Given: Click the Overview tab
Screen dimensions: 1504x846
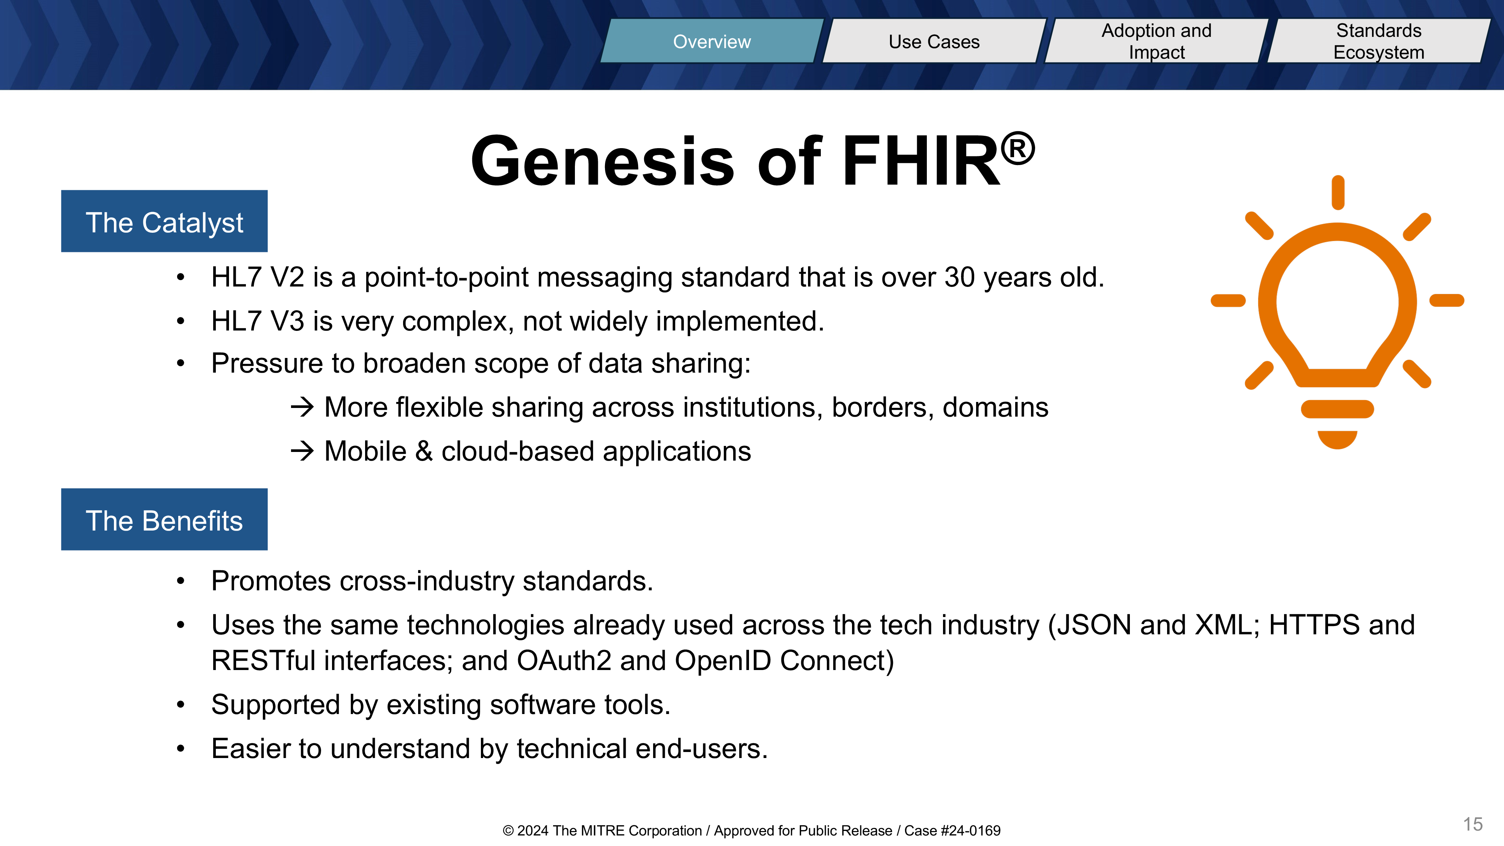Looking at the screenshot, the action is (x=712, y=41).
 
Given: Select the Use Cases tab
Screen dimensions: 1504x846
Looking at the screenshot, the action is (x=934, y=41).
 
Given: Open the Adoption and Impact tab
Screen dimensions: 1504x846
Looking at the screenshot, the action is (x=1157, y=41).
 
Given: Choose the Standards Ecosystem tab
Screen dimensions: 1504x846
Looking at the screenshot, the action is (x=1379, y=41).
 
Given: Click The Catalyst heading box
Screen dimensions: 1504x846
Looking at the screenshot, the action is (x=164, y=221).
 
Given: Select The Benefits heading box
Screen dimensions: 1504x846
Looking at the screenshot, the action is (x=164, y=520).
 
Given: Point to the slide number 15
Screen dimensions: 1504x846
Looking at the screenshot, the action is (x=1472, y=825).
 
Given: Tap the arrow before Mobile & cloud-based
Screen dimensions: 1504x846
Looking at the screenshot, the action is (x=302, y=451).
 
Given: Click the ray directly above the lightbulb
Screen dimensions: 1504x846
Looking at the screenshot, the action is (x=1337, y=192).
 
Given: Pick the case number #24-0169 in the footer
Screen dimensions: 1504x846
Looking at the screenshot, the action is (x=970, y=831).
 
